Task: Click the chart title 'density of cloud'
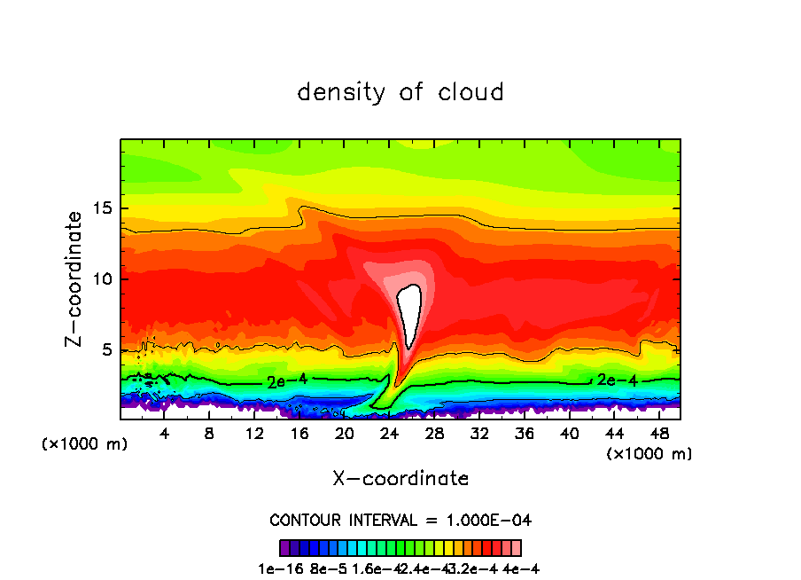(x=400, y=92)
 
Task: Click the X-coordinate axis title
(x=400, y=479)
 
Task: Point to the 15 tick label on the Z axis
(x=103, y=209)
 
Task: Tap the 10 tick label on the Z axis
(x=103, y=279)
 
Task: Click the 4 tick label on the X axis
(x=165, y=434)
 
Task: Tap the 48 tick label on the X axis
(x=658, y=434)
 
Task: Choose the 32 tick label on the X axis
(x=478, y=434)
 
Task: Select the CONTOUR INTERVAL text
(x=400, y=520)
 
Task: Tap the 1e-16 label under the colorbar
(x=275, y=568)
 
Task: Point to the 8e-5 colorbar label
(x=325, y=568)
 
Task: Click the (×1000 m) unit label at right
(x=649, y=454)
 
